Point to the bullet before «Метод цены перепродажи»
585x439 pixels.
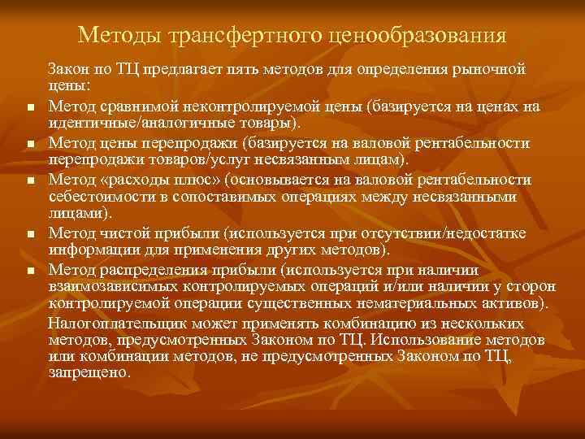30,145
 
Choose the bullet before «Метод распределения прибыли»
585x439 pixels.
30,270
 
